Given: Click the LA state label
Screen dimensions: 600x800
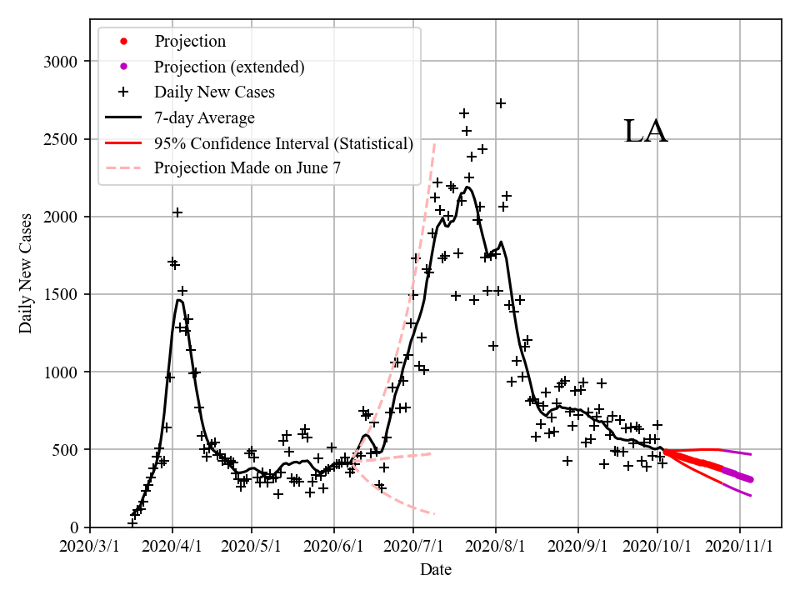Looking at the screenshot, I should pos(646,132).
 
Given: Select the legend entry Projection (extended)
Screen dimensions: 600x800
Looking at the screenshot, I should pos(229,67).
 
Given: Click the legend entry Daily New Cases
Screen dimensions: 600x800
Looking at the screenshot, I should pos(214,92).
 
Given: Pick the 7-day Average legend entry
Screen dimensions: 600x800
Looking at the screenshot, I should pos(204,117).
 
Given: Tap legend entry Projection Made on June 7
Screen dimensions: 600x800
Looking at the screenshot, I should pos(247,167).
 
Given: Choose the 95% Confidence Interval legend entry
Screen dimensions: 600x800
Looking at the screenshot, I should pos(283,143).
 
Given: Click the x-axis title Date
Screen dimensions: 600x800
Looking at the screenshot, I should pos(436,570).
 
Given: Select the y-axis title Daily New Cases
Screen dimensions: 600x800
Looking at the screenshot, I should pos(26,272).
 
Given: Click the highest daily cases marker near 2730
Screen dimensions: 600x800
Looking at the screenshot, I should pos(501,103).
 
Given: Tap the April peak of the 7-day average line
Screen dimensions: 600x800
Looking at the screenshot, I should pos(179,300).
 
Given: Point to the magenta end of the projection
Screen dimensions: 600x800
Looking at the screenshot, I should pos(750,479).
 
